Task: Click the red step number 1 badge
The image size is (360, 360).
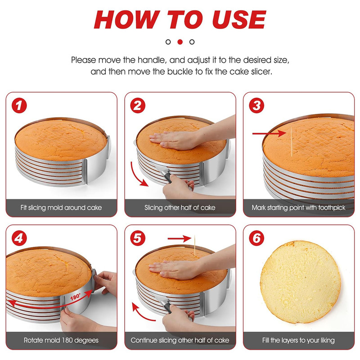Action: pyautogui.click(x=19, y=107)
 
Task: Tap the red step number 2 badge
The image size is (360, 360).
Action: pyautogui.click(x=138, y=107)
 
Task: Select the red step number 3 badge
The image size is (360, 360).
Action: pyautogui.click(x=257, y=107)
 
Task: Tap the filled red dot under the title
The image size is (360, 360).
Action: pyautogui.click(x=180, y=42)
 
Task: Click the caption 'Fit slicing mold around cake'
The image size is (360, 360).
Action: pyautogui.click(x=61, y=208)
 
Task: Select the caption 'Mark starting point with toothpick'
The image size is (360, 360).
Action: pyautogui.click(x=299, y=208)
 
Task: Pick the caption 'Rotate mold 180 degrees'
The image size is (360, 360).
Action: pyautogui.click(x=61, y=340)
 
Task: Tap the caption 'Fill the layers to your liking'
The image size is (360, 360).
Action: pyautogui.click(x=299, y=340)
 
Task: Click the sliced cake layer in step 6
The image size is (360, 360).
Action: pyautogui.click(x=300, y=283)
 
